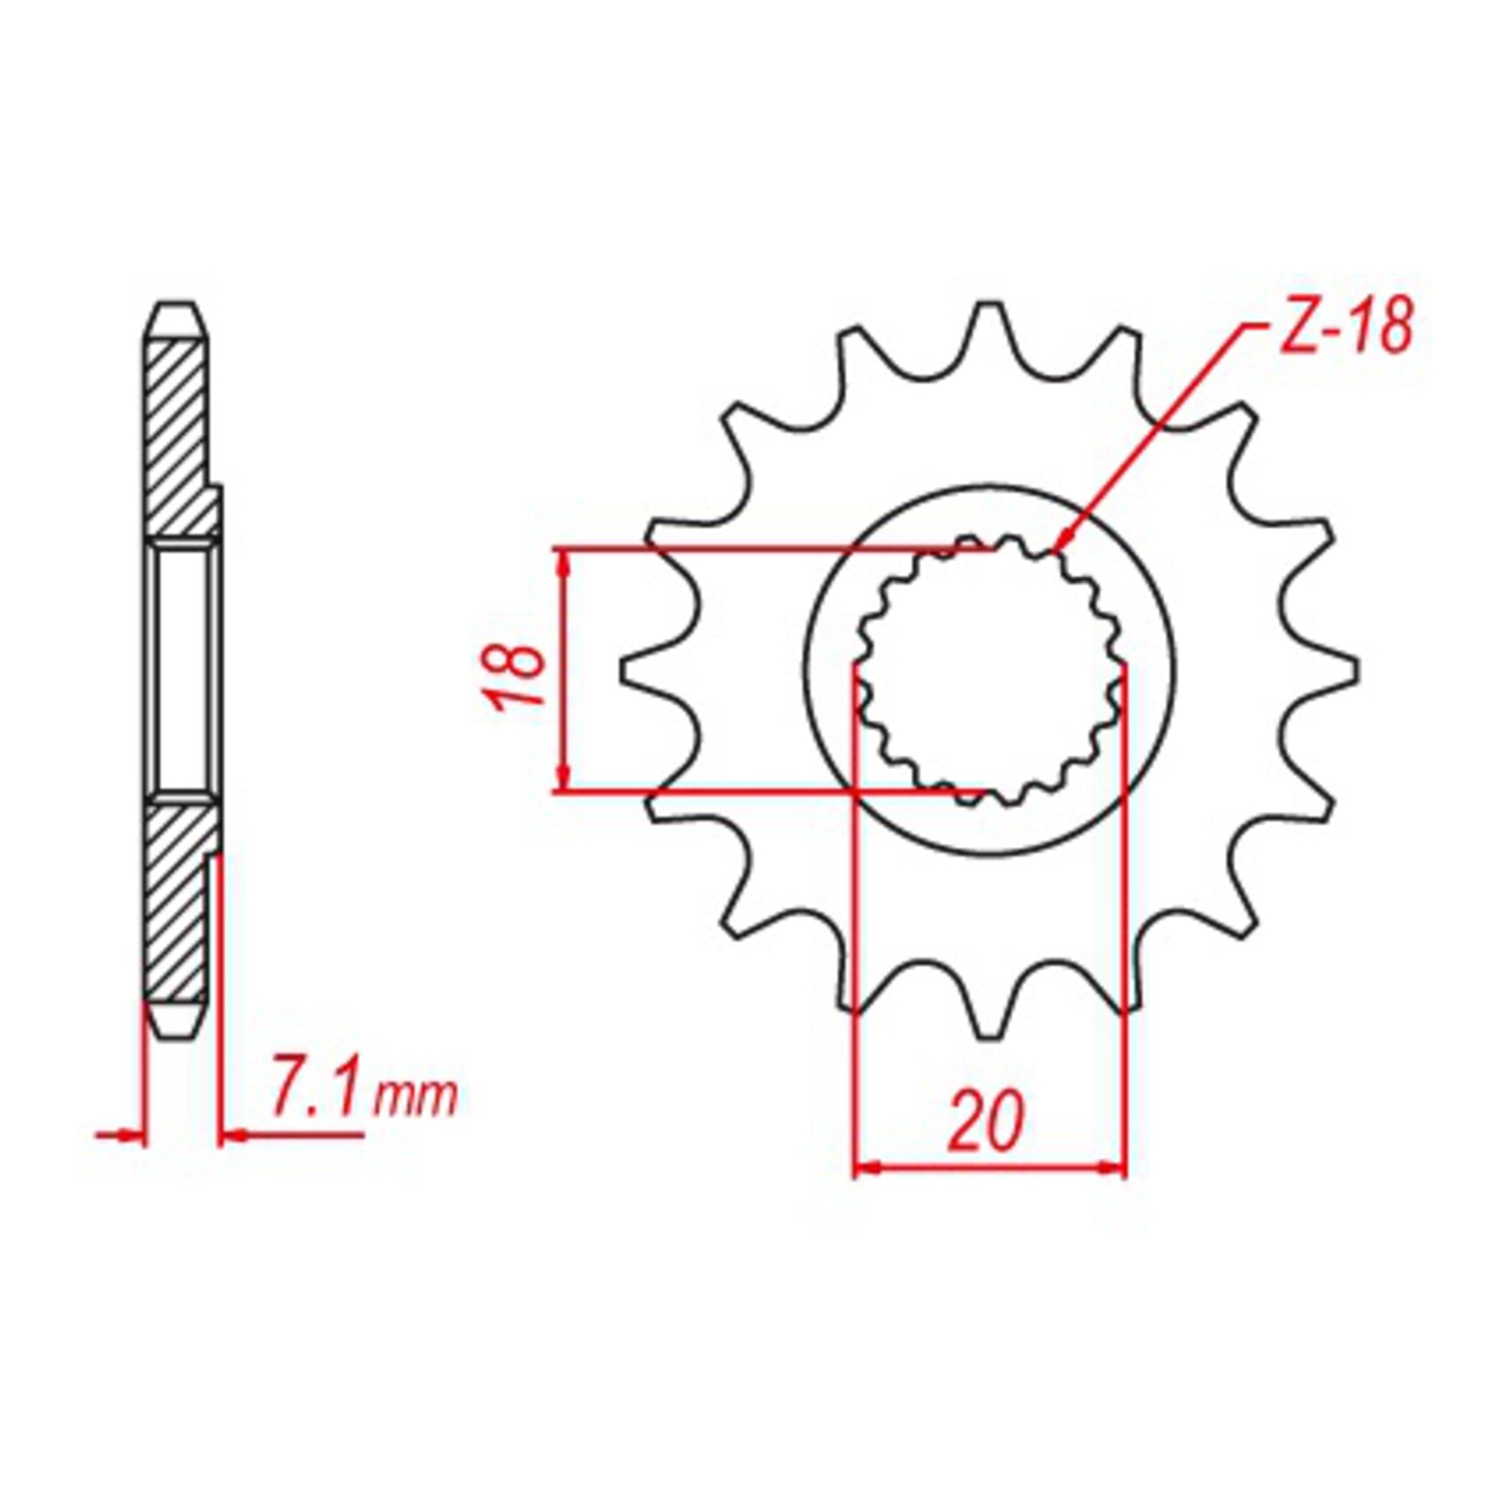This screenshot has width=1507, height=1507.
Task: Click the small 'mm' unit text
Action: coord(415,1099)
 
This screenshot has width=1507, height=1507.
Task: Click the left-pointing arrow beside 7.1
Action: coord(231,1137)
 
